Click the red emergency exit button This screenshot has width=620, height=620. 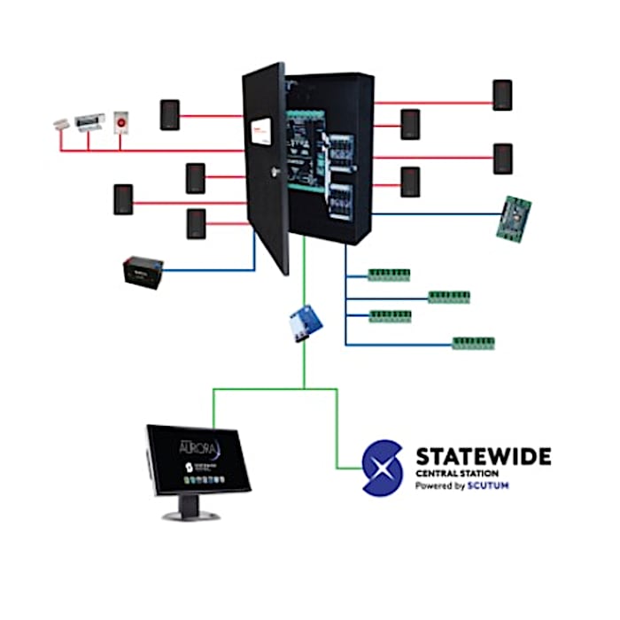tap(121, 121)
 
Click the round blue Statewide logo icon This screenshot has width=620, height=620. tap(384, 469)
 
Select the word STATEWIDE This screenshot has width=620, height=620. tap(484, 456)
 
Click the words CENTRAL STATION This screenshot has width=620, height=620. tap(453, 474)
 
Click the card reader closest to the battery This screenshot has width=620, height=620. tap(196, 223)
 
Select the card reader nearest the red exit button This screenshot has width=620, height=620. tap(169, 115)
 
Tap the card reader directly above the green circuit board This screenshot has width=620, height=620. tap(503, 159)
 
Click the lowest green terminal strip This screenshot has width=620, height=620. tap(474, 342)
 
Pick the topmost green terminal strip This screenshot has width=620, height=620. tap(389, 274)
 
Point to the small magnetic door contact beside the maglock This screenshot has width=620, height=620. tap(60, 123)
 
